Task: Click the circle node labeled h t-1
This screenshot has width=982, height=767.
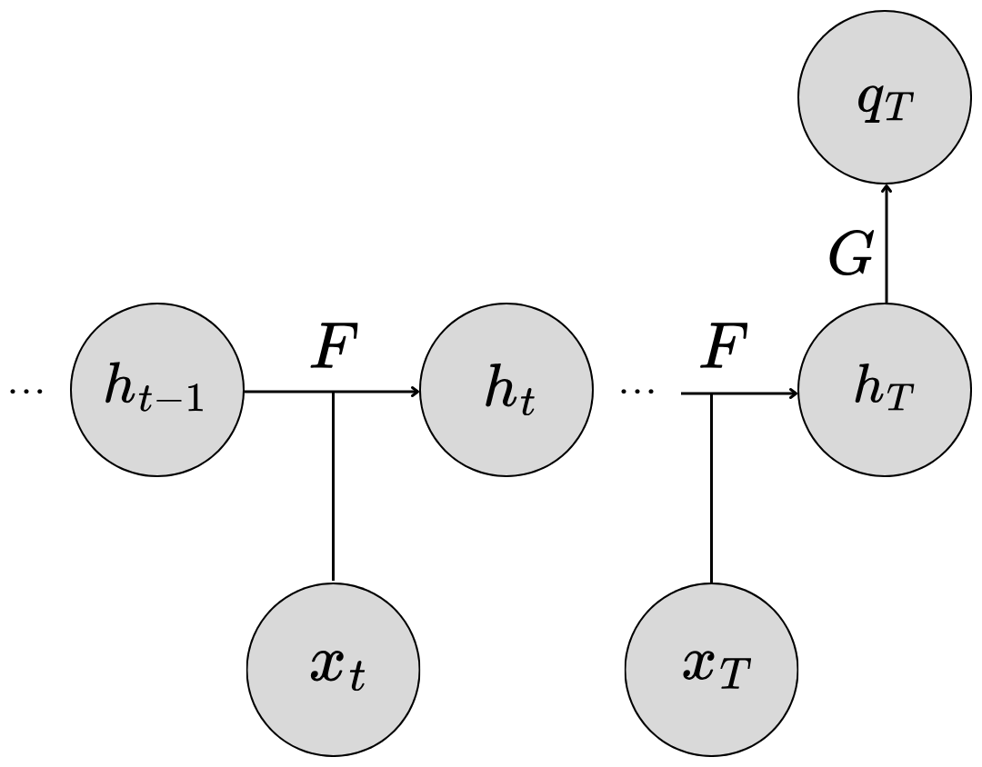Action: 157,393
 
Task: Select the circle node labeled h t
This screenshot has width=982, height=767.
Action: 507,393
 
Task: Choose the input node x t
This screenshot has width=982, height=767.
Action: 334,670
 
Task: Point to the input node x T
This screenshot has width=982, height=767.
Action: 712,670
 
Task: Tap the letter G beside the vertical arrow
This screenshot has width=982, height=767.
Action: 852,257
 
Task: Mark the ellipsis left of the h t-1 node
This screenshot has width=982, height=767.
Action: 26,392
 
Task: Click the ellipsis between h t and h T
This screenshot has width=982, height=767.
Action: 636,392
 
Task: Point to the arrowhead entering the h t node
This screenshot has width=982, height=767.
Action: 416,393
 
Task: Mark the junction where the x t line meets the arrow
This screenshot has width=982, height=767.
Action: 334,393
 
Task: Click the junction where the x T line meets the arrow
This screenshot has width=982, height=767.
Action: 711,394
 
